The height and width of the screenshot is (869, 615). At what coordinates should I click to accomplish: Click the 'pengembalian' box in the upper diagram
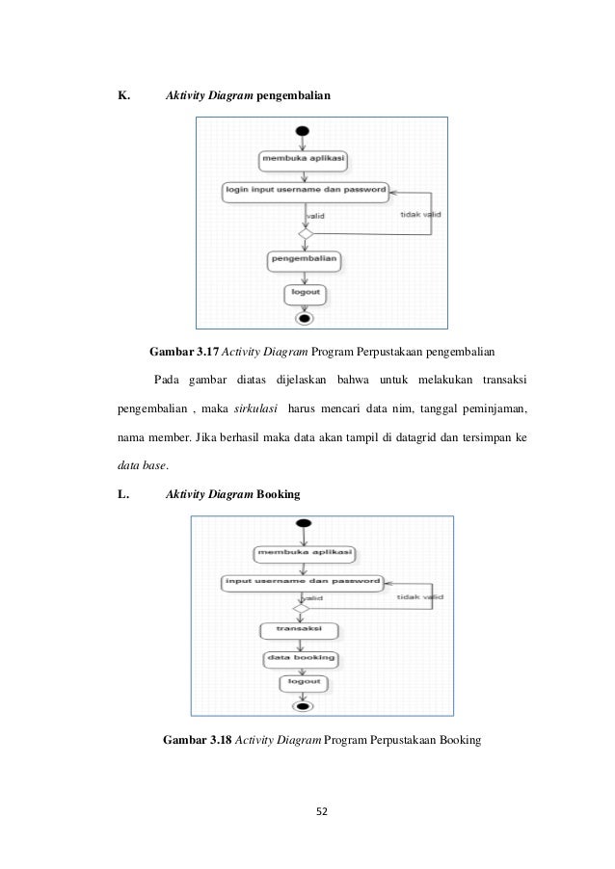point(304,261)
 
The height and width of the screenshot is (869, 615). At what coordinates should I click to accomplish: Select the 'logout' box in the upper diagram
point(305,294)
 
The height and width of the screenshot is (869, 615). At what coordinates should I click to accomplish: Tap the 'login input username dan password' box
point(306,192)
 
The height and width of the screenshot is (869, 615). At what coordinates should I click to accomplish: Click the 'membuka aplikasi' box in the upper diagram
point(304,161)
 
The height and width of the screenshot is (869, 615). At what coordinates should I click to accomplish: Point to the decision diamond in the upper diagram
point(306,234)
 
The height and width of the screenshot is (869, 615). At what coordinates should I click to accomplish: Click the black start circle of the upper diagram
point(303,131)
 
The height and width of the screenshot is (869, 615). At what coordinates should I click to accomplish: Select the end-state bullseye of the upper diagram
point(304,319)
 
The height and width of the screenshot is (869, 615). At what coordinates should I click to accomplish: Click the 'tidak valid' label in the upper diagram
point(420,215)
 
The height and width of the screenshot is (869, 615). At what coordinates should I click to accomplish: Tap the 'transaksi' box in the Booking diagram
point(299,631)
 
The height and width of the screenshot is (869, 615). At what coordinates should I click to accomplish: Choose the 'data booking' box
point(301,660)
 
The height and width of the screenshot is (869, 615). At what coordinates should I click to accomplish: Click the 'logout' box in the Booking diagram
point(304,683)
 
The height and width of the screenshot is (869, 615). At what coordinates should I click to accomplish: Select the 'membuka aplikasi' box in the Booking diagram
point(305,554)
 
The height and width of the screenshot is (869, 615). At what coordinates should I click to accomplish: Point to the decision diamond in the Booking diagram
point(301,609)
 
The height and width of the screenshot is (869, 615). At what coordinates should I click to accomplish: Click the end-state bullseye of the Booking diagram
point(303,706)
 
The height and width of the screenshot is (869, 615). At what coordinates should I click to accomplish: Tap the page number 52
point(322,811)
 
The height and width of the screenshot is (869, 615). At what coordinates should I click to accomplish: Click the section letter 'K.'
point(123,95)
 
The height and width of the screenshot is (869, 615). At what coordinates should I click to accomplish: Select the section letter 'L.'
point(123,494)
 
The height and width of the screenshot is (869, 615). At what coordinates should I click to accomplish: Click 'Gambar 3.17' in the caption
point(184,352)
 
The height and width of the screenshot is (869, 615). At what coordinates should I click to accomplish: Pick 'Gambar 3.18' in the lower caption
point(197,740)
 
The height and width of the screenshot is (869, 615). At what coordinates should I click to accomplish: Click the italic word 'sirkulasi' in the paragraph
point(255,408)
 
